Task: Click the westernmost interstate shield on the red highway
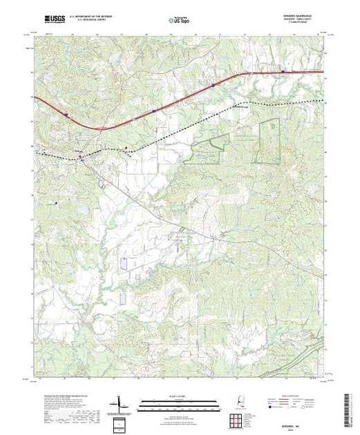click(65, 115)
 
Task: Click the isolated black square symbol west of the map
click(57, 203)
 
